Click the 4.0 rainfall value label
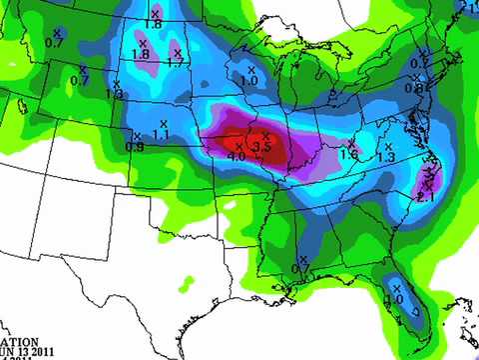237,157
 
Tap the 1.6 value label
349,155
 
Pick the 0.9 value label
137,147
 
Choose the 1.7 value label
177,62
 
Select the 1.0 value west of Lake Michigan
249,79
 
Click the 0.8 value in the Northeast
414,88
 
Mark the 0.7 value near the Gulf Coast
301,267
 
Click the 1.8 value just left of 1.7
141,54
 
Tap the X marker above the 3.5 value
265,135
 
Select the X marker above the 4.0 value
239,146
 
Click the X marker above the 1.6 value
349,144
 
